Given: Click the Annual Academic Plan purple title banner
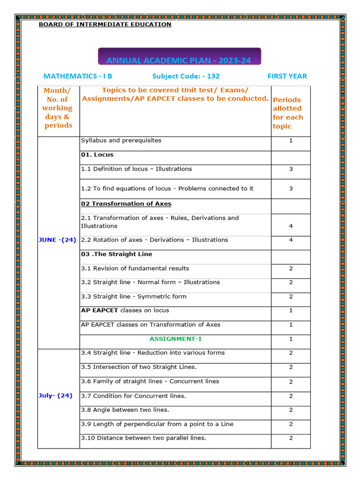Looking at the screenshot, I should (x=180, y=60).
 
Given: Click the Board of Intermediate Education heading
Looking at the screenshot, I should (x=105, y=24).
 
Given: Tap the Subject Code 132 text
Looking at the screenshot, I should (x=186, y=76).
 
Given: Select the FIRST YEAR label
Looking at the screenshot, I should (x=287, y=76).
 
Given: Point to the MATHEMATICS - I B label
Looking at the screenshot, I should (x=77, y=76).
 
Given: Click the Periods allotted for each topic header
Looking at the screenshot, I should (x=288, y=113).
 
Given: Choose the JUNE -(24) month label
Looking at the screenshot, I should (x=57, y=240).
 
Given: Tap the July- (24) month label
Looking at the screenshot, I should (x=55, y=396).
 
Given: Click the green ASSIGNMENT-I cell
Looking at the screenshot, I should (x=176, y=338).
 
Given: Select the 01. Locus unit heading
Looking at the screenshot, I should (x=97, y=155).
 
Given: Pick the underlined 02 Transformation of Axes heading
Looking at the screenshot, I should (x=126, y=204).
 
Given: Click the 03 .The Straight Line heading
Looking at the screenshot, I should (x=116, y=254).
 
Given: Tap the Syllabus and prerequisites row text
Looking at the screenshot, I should (x=121, y=141).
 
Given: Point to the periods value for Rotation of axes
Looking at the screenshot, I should (x=291, y=240).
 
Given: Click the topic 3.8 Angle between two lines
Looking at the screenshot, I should (x=125, y=410).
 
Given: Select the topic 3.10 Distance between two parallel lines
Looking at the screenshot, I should (x=143, y=438).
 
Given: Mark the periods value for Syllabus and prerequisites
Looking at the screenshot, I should (x=291, y=141).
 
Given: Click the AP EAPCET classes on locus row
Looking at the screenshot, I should (x=125, y=310).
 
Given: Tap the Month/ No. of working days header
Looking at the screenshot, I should (x=58, y=108).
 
